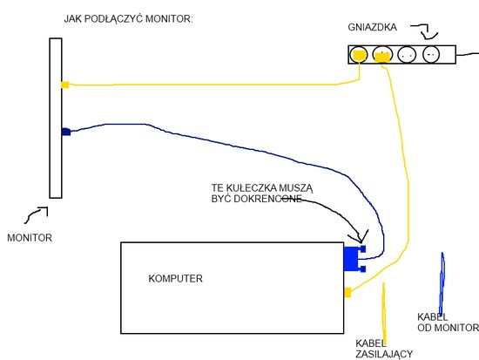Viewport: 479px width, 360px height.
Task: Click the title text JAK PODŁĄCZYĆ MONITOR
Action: coord(128,19)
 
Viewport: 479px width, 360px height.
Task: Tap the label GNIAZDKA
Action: coord(373,27)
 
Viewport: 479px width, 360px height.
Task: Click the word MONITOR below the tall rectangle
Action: coord(30,238)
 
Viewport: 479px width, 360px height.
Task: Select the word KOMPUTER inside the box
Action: coord(175,278)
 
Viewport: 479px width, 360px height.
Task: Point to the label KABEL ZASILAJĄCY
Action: coord(384,349)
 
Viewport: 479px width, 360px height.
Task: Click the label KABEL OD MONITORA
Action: coord(448,322)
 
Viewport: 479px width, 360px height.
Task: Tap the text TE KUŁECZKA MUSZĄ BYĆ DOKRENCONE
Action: coord(262,194)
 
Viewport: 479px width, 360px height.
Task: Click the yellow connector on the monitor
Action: coord(65,85)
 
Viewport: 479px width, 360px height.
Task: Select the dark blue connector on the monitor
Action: coord(66,132)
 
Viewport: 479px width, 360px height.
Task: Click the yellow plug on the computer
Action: coord(347,292)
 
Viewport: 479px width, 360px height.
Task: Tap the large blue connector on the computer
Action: coord(354,259)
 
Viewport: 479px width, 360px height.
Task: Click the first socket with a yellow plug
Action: coord(358,55)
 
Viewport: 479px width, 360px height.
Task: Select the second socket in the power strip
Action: coord(382,55)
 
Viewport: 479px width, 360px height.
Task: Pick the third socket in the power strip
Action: coord(407,55)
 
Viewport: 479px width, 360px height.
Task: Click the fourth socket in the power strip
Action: coord(431,54)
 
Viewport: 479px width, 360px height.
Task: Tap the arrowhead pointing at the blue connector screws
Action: coord(361,237)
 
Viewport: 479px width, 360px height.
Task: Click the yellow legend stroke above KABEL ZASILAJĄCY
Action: coord(384,311)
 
